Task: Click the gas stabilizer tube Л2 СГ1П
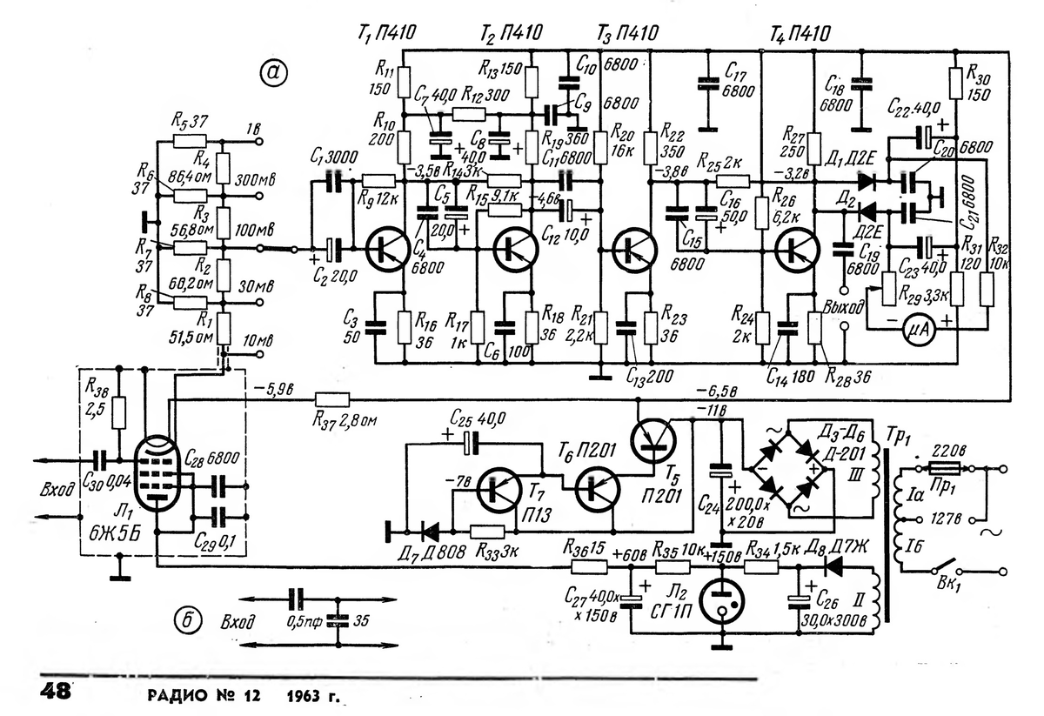pos(724,601)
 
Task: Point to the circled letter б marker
pos(185,620)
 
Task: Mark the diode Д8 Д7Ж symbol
pos(831,566)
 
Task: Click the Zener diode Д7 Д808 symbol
pos(425,530)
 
